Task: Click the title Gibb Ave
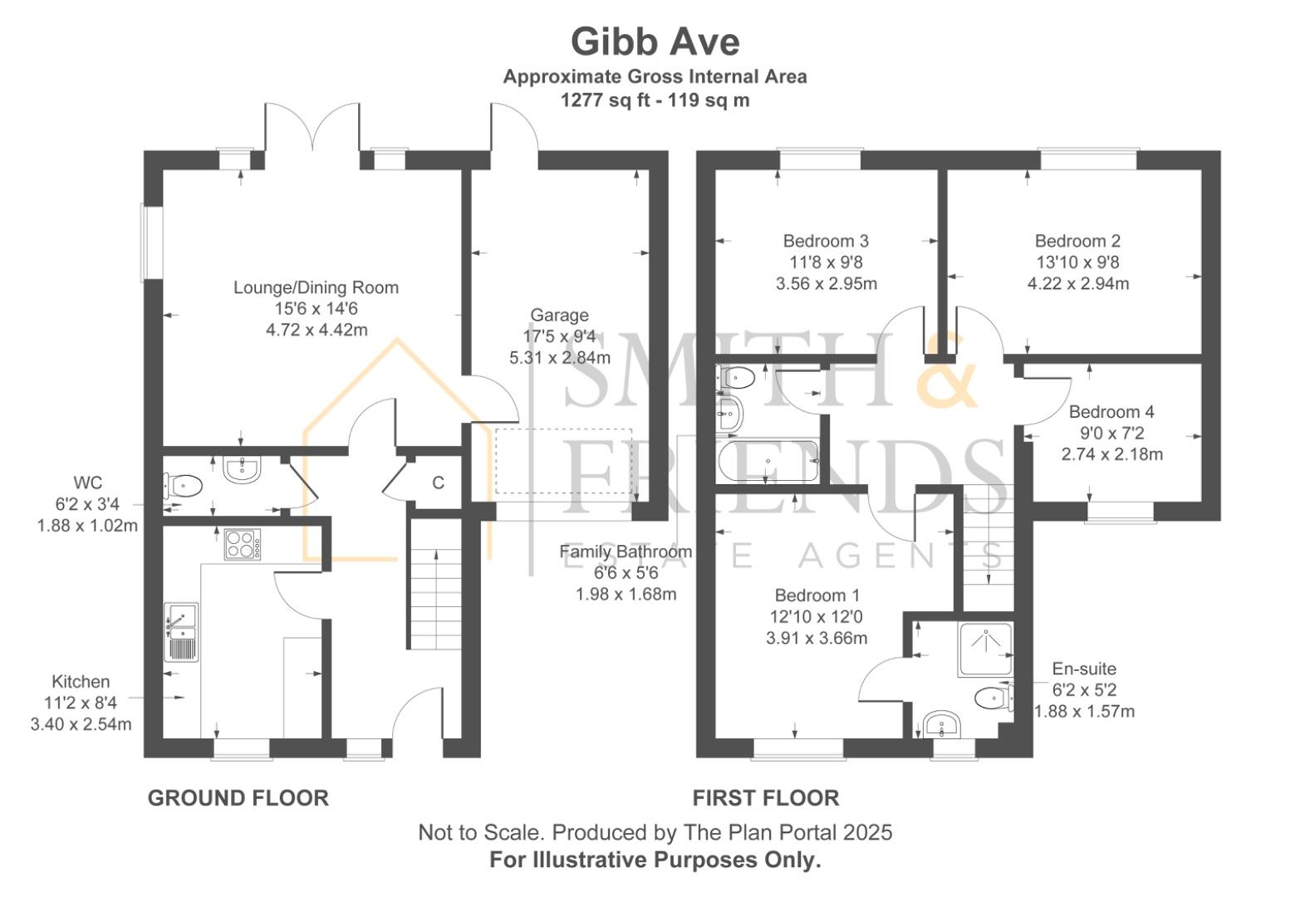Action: click(655, 42)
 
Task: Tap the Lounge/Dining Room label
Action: click(316, 287)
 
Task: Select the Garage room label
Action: click(559, 316)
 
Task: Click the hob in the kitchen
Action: click(242, 545)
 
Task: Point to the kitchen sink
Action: click(181, 631)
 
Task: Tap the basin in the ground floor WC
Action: click(242, 468)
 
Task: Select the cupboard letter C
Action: click(438, 483)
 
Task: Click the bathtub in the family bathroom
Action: click(768, 461)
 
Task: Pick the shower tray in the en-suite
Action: click(986, 649)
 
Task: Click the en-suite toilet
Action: click(991, 698)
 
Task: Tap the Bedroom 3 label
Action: click(826, 241)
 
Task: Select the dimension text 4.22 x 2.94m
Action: click(1077, 283)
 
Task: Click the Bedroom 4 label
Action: click(1111, 412)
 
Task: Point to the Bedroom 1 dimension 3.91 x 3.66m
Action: click(817, 638)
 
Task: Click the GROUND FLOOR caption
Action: click(238, 798)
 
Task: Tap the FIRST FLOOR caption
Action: click(766, 798)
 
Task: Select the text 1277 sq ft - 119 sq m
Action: click(655, 100)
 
